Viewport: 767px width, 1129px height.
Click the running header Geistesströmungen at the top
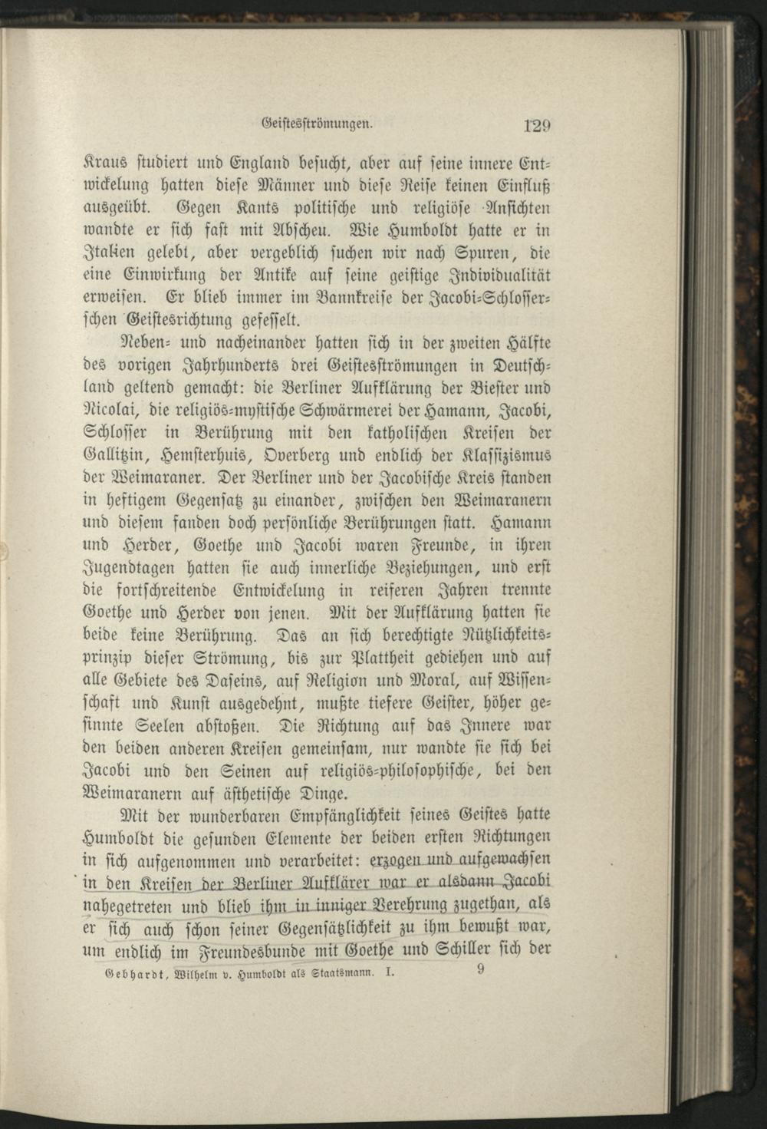click(x=318, y=121)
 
